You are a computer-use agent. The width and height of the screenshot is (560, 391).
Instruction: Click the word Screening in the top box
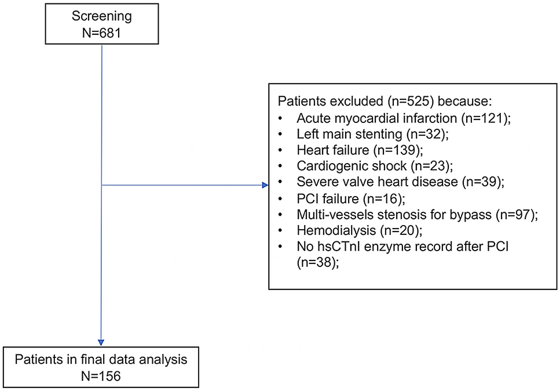[x=101, y=13]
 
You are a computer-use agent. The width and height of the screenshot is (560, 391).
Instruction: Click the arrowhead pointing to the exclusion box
[x=265, y=186]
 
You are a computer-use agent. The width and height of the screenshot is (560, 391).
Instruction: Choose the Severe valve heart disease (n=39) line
[x=400, y=181]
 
